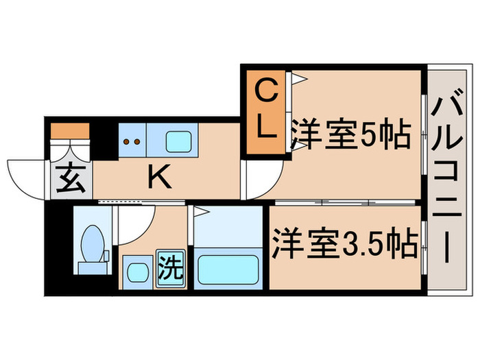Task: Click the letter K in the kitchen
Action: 159,177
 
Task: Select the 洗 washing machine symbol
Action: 171,269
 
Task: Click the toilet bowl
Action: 92,243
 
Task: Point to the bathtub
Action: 228,269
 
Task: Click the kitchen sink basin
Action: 179,141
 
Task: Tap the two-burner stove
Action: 132,140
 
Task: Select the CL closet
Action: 266,112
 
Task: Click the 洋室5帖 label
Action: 350,134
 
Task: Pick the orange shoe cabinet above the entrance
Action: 70,131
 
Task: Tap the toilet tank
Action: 93,268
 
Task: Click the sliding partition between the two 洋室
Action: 345,202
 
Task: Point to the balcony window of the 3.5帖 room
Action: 424,248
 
